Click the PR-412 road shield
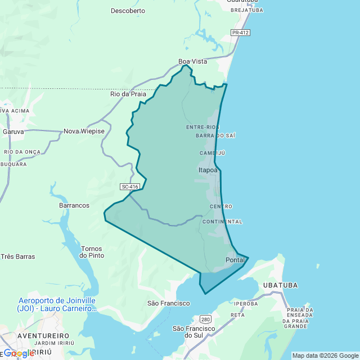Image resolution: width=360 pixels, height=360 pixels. coord(240,33)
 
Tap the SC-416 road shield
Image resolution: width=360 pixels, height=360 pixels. coord(129,187)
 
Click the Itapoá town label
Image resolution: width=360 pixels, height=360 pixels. coord(208,169)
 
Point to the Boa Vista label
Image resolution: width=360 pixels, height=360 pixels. coord(192,61)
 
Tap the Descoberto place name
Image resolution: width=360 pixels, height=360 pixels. coord(128,11)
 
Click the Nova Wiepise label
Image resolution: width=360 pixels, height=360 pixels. coord(84,131)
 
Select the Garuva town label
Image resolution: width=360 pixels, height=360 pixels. coord(13,131)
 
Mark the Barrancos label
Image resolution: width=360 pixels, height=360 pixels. coord(74,205)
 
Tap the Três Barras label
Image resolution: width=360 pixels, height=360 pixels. coord(18,256)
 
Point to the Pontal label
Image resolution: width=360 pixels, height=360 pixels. coord(235,260)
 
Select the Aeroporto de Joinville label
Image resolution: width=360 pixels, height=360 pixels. coord(57,304)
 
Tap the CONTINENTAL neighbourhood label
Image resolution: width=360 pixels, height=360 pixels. coord(222,222)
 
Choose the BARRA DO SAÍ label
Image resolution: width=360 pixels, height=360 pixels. coord(215,136)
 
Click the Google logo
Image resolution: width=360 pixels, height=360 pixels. coord(19,353)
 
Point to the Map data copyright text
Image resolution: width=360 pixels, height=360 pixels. coord(325,355)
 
